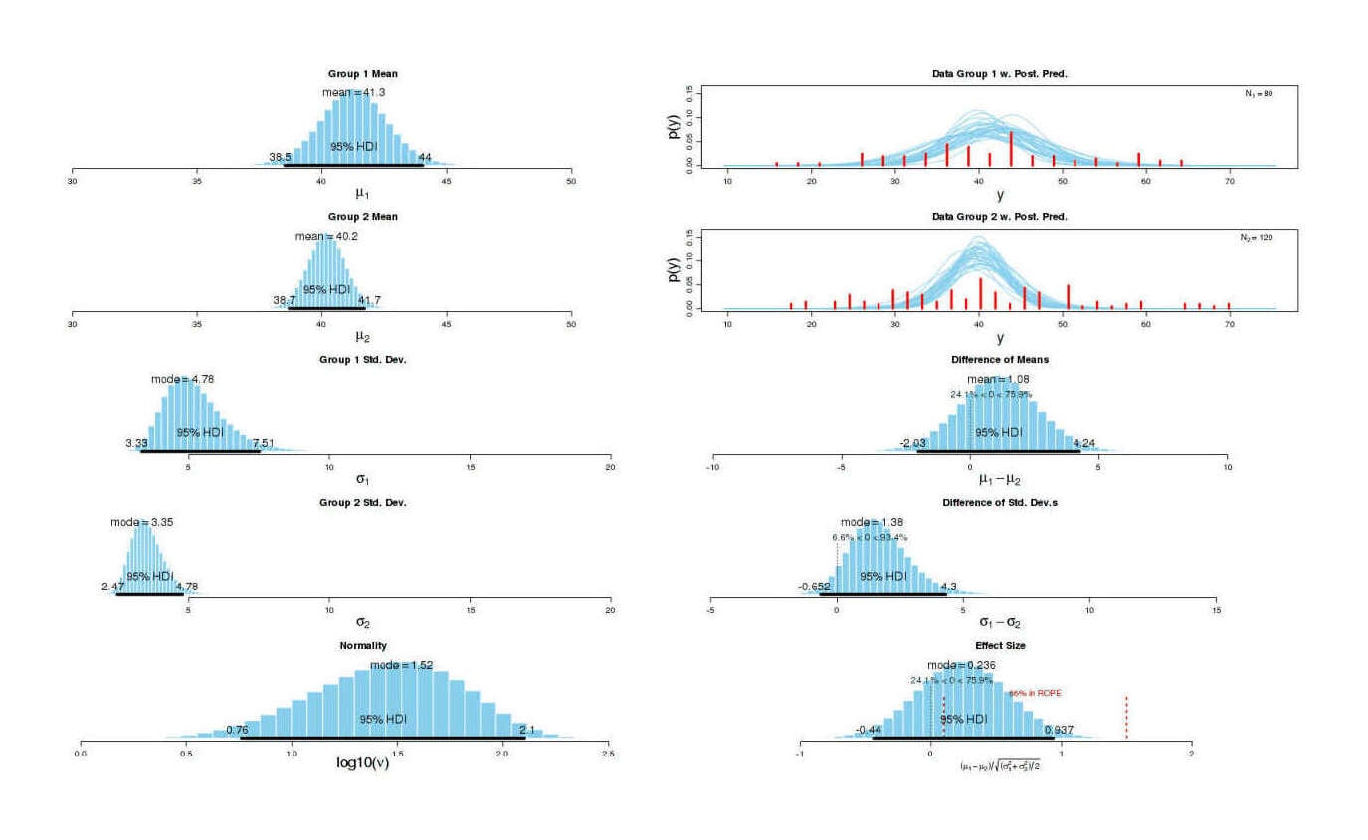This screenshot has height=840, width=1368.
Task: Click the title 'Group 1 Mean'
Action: coord(363,74)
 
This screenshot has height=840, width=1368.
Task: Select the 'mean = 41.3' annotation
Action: coord(353,92)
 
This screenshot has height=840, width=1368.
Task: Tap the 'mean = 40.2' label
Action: coord(327,236)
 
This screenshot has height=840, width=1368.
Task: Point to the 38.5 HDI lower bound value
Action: coord(281,157)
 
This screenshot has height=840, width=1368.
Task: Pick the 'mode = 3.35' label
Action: coord(141,522)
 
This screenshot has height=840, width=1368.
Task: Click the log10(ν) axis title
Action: coord(343,763)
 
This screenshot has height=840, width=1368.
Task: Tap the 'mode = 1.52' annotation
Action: coord(401,665)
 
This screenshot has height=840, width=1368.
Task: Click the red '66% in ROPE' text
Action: coord(1034,694)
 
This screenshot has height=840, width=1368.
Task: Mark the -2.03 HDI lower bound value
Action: coord(914,443)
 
